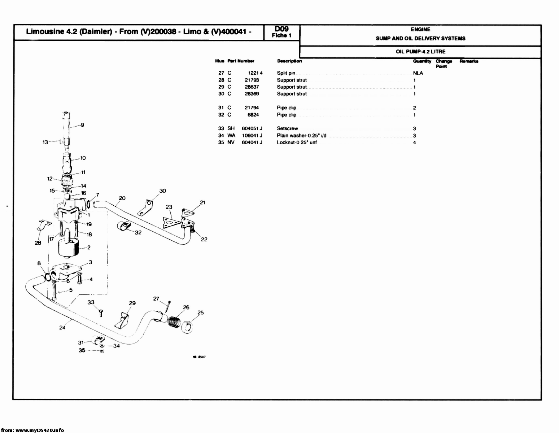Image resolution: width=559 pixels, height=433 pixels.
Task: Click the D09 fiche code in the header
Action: (281, 29)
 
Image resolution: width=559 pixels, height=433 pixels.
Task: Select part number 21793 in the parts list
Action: (252, 80)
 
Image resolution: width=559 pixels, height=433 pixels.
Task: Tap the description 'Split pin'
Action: (286, 73)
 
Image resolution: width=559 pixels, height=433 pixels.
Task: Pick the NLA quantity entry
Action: (418, 73)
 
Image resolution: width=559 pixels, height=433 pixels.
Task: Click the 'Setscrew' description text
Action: (287, 128)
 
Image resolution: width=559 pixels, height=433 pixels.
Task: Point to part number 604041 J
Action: (252, 143)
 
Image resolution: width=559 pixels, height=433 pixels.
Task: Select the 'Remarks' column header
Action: (469, 61)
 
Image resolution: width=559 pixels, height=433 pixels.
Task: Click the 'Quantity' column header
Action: (422, 61)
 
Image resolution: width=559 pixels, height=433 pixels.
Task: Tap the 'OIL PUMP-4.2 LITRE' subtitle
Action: (420, 52)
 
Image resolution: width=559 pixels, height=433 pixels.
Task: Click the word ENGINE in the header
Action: (420, 30)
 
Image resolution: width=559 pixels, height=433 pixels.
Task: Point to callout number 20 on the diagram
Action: (122, 198)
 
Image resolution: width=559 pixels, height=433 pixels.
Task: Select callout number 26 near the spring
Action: (186, 307)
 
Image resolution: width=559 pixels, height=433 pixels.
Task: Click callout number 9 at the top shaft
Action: (82, 125)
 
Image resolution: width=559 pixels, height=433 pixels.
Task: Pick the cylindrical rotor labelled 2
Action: (68, 248)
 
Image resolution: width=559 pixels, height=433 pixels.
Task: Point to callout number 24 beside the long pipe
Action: (62, 328)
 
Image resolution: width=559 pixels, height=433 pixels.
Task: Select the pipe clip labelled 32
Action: (124, 227)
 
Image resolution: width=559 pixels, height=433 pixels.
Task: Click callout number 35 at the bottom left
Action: (82, 350)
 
